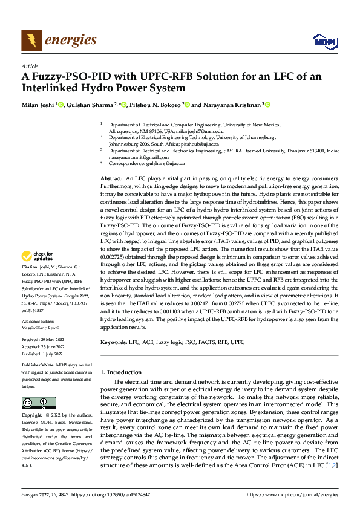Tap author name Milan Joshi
tap(38, 105)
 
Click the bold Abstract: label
tap(111, 179)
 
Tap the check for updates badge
tap(38, 274)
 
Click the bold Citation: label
tap(31, 284)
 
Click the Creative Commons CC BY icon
tap(38, 403)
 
